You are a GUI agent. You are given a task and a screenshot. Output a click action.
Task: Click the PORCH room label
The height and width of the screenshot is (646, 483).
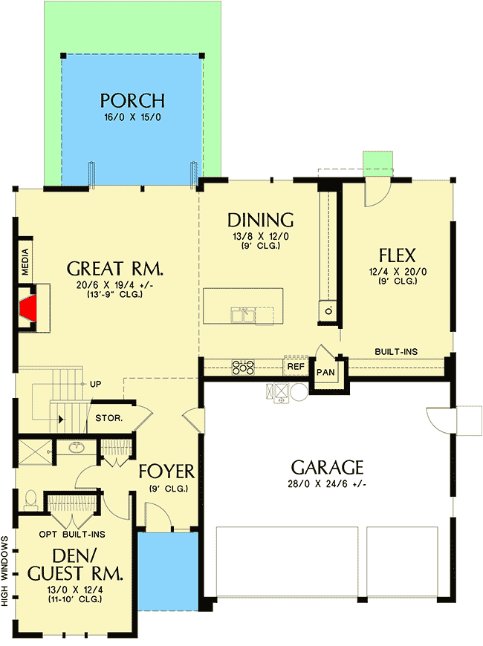tap(132, 100)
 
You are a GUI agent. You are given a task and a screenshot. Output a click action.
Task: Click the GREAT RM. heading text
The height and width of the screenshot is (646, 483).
tap(114, 268)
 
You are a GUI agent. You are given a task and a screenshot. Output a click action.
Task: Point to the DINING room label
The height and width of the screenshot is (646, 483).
tap(260, 220)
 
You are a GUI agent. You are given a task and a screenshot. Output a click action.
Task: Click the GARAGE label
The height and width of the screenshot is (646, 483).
tap(327, 467)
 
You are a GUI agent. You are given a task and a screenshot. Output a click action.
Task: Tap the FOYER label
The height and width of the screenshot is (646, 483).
tap(166, 472)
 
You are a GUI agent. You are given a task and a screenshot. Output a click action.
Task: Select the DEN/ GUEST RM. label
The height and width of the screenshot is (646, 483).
tap(74, 564)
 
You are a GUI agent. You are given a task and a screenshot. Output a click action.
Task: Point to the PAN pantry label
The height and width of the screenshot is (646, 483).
tap(325, 371)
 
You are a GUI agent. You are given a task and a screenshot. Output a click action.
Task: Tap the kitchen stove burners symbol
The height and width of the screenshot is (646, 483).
tap(244, 366)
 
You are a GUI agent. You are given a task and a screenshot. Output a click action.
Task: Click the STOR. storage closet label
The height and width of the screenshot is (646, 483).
tap(108, 417)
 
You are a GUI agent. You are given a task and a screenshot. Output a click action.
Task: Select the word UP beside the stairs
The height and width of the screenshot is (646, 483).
tap(95, 384)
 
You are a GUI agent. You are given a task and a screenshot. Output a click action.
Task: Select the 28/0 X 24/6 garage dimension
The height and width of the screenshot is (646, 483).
tap(327, 484)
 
